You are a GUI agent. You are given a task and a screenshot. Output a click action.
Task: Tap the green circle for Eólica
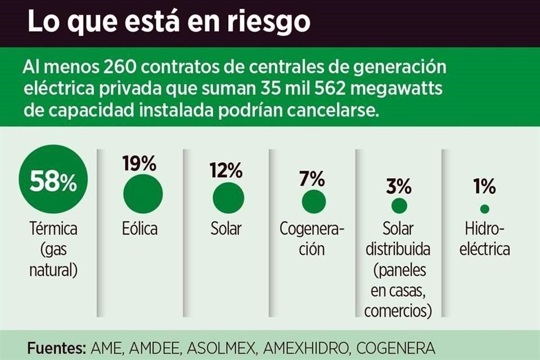pos(143,194)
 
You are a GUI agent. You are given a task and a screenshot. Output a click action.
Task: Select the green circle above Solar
pos(228,198)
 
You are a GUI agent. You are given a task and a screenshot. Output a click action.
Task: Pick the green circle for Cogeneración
pos(314,201)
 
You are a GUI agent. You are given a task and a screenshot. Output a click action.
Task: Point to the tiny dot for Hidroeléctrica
pos(484,209)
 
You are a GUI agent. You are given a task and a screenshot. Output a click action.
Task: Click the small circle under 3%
pos(399,206)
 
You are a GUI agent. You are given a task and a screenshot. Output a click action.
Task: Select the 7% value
pos(313,178)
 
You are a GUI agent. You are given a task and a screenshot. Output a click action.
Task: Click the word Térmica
pos(53,229)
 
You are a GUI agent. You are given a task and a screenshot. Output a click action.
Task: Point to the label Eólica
pos(139,229)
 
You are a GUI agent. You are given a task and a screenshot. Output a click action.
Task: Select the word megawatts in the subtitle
pos(363,89)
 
